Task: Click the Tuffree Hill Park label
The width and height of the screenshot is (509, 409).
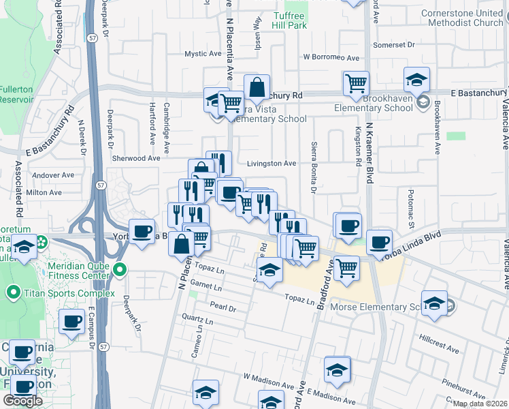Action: tap(291, 20)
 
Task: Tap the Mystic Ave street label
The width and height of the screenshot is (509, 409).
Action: tap(203, 54)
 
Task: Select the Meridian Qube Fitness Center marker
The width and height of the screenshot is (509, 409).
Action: tap(120, 270)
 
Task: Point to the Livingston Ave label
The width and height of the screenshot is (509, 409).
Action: tap(272, 164)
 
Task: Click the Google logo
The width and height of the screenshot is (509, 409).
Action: tap(22, 401)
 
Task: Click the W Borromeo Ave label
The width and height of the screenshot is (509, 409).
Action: tap(331, 57)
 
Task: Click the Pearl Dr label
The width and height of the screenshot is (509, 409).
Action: tap(223, 308)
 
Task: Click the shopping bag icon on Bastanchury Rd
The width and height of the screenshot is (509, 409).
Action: tap(257, 87)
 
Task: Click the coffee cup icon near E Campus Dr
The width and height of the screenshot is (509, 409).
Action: tap(71, 321)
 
